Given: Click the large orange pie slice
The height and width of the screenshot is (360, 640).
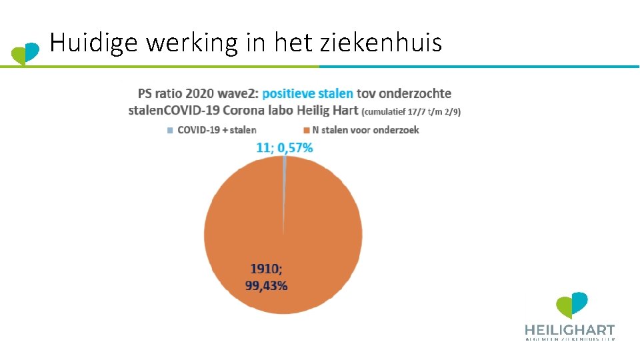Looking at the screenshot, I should pos(283,227).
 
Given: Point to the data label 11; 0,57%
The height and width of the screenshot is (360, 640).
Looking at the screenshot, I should pos(285,147).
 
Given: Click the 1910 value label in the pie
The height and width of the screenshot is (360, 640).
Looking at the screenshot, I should pos(266,269).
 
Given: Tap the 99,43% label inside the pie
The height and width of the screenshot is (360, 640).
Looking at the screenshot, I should pos(267,285).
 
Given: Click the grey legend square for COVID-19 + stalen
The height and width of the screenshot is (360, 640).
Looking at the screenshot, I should pos(170,130).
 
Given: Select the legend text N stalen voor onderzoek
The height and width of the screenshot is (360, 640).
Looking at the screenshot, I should pos(365,130).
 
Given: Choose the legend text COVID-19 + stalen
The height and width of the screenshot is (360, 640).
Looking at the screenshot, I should pos(217,130).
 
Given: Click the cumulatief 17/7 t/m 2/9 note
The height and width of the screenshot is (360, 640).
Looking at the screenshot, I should pos(411,111).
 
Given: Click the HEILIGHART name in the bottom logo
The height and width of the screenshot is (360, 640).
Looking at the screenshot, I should pos(569,329).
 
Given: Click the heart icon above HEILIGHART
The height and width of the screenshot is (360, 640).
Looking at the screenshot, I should pos(572,305).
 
